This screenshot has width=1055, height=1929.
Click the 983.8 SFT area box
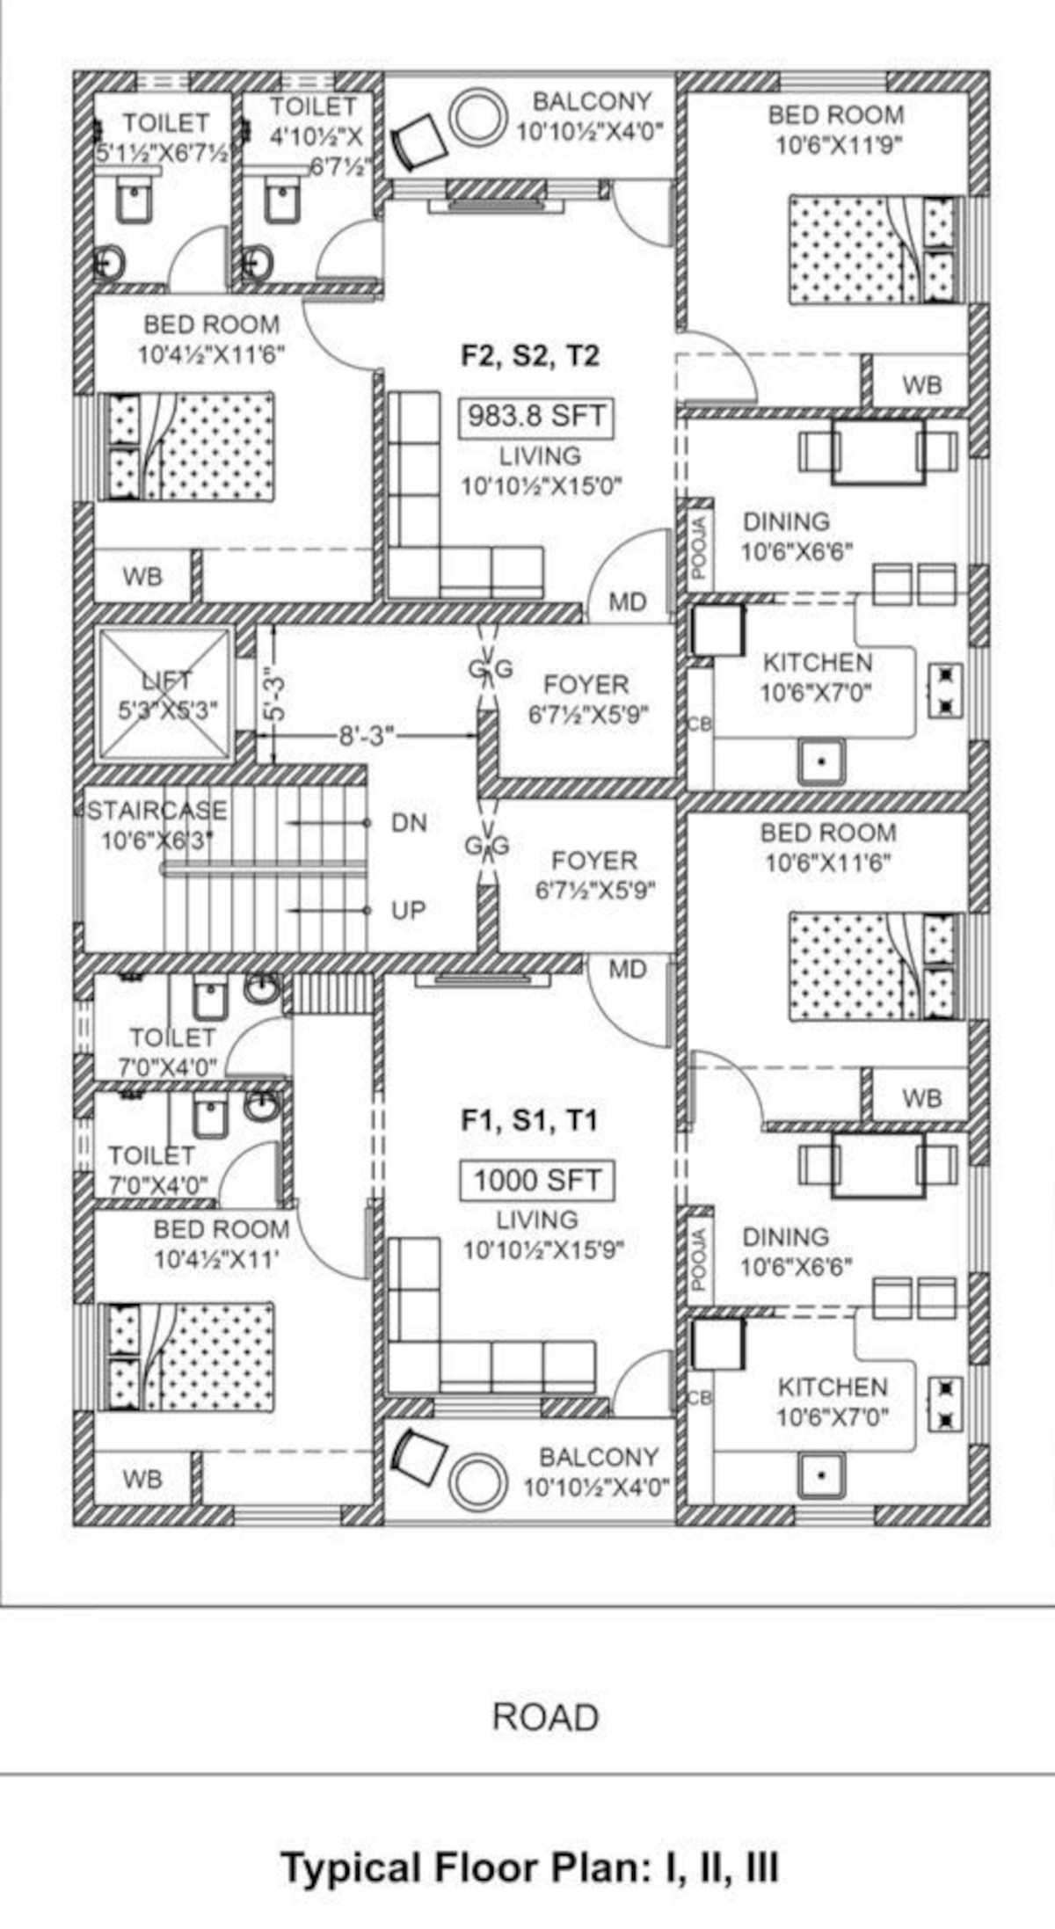coord(536,416)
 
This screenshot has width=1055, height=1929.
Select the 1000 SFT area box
coord(537,1180)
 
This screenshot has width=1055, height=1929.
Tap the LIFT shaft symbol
coord(165,694)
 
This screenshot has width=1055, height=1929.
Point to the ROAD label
coord(546,1717)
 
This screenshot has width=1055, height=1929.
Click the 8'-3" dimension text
coord(367,735)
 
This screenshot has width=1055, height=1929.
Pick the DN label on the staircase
coord(409,824)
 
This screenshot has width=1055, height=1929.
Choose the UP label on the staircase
coord(409,910)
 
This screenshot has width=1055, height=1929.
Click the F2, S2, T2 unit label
coord(530,356)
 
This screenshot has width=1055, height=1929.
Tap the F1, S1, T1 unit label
coord(529,1120)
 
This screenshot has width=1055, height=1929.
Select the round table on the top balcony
coord(477,115)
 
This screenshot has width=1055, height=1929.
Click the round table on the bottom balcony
coord(477,1481)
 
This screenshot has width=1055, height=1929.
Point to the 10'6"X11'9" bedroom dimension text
coord(838,145)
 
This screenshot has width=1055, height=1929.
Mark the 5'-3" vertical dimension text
coord(274,696)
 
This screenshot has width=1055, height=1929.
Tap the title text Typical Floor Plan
coord(529,1867)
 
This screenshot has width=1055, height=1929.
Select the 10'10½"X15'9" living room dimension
coord(543,1249)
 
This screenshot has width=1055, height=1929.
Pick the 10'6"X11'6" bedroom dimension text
coord(828,863)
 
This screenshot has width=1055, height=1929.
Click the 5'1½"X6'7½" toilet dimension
coord(164,151)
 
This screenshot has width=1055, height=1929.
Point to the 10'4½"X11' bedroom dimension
coord(216,1259)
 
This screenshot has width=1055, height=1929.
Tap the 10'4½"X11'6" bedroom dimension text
coord(211,355)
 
